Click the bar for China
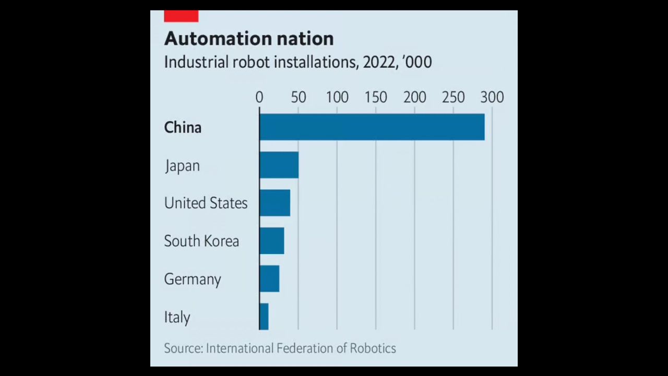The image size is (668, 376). [372, 127]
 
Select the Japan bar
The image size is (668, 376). [279, 165]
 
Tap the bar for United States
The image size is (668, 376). [275, 203]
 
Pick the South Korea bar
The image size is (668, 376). [271, 241]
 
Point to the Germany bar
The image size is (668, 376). [269, 279]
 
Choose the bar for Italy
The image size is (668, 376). [264, 316]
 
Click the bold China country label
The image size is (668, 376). [183, 127]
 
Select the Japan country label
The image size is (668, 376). [182, 166]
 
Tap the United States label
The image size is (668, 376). [206, 203]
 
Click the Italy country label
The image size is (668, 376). [177, 317]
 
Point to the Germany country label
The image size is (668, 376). [193, 279]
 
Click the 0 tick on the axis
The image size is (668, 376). [259, 97]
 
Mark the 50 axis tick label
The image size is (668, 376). [298, 97]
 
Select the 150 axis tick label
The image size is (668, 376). [376, 97]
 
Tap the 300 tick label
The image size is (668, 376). [492, 97]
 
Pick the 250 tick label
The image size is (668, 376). [454, 97]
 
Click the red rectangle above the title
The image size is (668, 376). [181, 16]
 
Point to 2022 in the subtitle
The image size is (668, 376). [379, 62]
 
